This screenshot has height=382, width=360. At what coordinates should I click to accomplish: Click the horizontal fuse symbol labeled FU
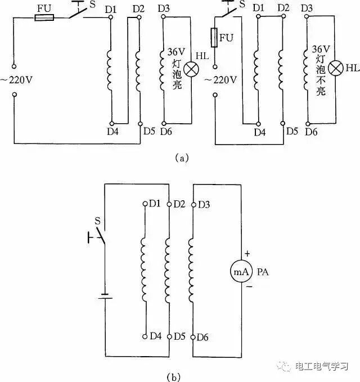coord(44,18)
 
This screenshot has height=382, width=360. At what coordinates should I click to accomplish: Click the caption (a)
coord(181,158)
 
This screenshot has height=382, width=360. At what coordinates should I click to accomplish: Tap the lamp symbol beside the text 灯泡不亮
coord(335,68)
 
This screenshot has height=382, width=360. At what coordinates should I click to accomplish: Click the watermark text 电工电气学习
coord(323,366)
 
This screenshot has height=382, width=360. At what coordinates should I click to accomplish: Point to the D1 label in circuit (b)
coord(156,203)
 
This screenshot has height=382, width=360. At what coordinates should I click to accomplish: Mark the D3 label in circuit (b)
coord(204,203)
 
